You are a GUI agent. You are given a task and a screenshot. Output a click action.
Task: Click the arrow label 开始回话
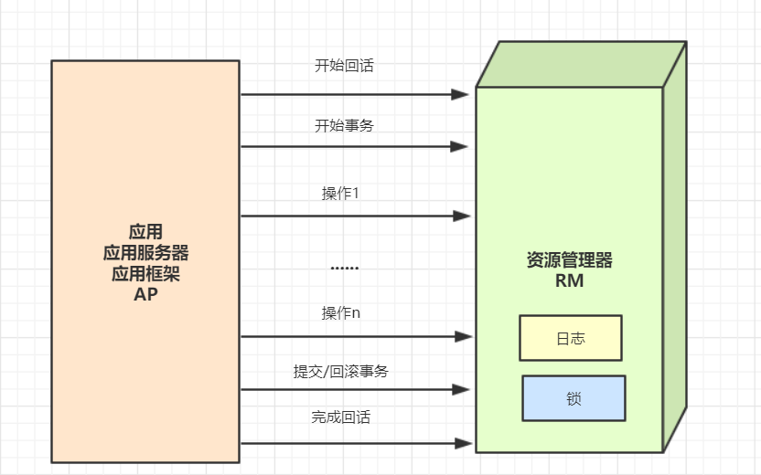[344, 66]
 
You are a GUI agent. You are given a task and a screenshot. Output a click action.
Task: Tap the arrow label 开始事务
[344, 126]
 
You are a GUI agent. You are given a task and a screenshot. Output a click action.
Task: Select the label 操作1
[339, 194]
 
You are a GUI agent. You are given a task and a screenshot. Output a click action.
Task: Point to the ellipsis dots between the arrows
[344, 268]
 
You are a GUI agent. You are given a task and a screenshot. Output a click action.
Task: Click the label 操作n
[341, 313]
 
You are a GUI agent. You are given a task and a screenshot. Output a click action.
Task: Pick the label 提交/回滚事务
[341, 371]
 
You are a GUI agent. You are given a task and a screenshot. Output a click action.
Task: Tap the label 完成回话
[341, 417]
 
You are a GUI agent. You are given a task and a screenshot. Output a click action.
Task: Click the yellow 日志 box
[571, 338]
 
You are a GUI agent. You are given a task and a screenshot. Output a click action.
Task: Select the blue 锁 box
[573, 398]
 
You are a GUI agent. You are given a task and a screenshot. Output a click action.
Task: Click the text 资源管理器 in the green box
[570, 260]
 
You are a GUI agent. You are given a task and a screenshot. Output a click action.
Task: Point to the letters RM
[569, 281]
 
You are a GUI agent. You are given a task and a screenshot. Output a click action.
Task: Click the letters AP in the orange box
[146, 294]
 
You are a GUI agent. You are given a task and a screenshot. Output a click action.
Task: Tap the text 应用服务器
[146, 252]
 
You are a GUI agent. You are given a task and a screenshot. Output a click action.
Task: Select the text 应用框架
[146, 273]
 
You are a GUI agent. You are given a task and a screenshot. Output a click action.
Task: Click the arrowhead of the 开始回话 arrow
[462, 94]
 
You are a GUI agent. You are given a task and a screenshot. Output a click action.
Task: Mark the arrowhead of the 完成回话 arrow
[462, 444]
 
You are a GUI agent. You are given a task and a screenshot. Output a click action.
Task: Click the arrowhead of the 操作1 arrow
[462, 216]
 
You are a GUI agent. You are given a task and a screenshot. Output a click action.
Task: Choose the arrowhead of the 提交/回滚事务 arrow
[462, 390]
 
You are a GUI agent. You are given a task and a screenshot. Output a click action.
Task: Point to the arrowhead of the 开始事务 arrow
[462, 146]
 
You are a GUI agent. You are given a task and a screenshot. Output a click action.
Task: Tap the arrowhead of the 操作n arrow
[462, 337]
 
